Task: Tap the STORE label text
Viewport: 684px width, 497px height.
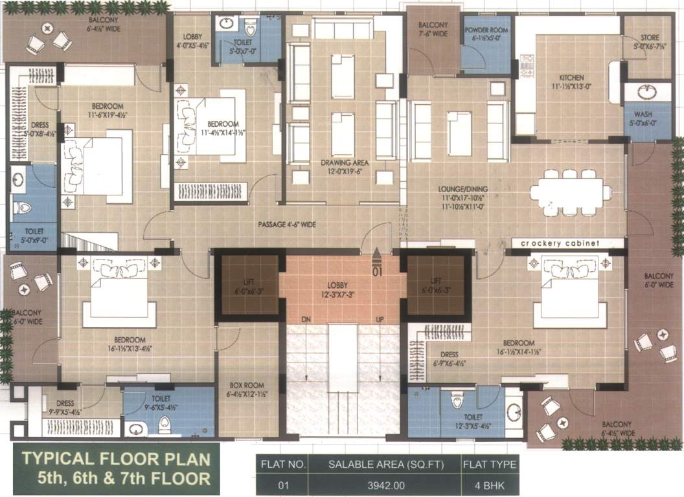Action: [x=645, y=38]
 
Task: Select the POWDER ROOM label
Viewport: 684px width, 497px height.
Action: [x=485, y=30]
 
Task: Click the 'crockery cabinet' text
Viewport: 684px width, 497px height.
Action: [x=560, y=243]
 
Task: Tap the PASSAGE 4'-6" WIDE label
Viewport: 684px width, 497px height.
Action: [x=286, y=225]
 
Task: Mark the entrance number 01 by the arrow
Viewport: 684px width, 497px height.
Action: [x=377, y=272]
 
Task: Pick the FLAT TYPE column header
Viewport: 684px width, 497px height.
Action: [x=490, y=464]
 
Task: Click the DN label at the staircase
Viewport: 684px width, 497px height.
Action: [x=308, y=320]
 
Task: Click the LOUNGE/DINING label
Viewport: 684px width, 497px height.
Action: [x=462, y=189]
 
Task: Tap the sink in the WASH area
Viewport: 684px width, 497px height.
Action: [x=646, y=92]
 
